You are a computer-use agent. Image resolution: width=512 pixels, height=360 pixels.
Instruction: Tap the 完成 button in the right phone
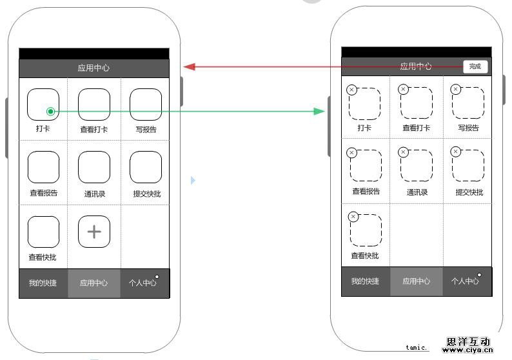[x=475, y=66]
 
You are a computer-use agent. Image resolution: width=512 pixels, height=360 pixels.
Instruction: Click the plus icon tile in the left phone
[x=94, y=232]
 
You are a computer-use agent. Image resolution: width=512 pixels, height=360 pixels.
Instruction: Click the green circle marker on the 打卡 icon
[x=50, y=112]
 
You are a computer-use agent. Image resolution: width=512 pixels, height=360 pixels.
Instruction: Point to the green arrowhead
[x=319, y=112]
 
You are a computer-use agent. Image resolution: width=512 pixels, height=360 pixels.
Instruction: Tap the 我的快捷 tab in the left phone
[x=43, y=283]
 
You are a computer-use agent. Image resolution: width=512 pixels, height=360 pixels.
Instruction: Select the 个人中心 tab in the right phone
[x=465, y=281]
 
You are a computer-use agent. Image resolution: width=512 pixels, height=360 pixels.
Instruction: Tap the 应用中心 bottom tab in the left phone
[x=94, y=283]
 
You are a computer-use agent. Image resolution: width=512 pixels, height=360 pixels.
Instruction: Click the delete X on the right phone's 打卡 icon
[x=351, y=90]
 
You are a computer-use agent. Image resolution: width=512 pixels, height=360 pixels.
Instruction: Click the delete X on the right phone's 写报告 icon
[x=455, y=89]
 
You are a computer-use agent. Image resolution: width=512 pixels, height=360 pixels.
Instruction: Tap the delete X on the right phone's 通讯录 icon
[x=403, y=152]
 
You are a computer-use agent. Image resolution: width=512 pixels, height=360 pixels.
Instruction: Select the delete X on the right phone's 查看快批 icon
[x=353, y=217]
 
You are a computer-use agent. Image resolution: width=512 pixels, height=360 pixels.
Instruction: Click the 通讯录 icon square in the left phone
[x=94, y=168]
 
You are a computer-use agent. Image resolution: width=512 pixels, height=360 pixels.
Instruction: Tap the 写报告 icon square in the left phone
[x=146, y=105]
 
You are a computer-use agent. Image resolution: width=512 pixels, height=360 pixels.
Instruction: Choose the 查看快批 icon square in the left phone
[x=43, y=232]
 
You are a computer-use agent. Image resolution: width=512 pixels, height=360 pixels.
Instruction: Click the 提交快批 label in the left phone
[x=146, y=193]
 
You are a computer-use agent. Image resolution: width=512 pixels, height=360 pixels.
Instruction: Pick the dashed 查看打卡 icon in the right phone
[x=417, y=104]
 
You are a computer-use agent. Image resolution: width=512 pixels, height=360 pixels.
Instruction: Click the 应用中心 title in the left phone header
[x=94, y=68]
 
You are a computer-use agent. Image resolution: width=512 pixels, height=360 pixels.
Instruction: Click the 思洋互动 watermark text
[x=468, y=342]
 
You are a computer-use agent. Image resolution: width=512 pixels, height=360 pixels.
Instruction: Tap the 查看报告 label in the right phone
[x=366, y=192]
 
